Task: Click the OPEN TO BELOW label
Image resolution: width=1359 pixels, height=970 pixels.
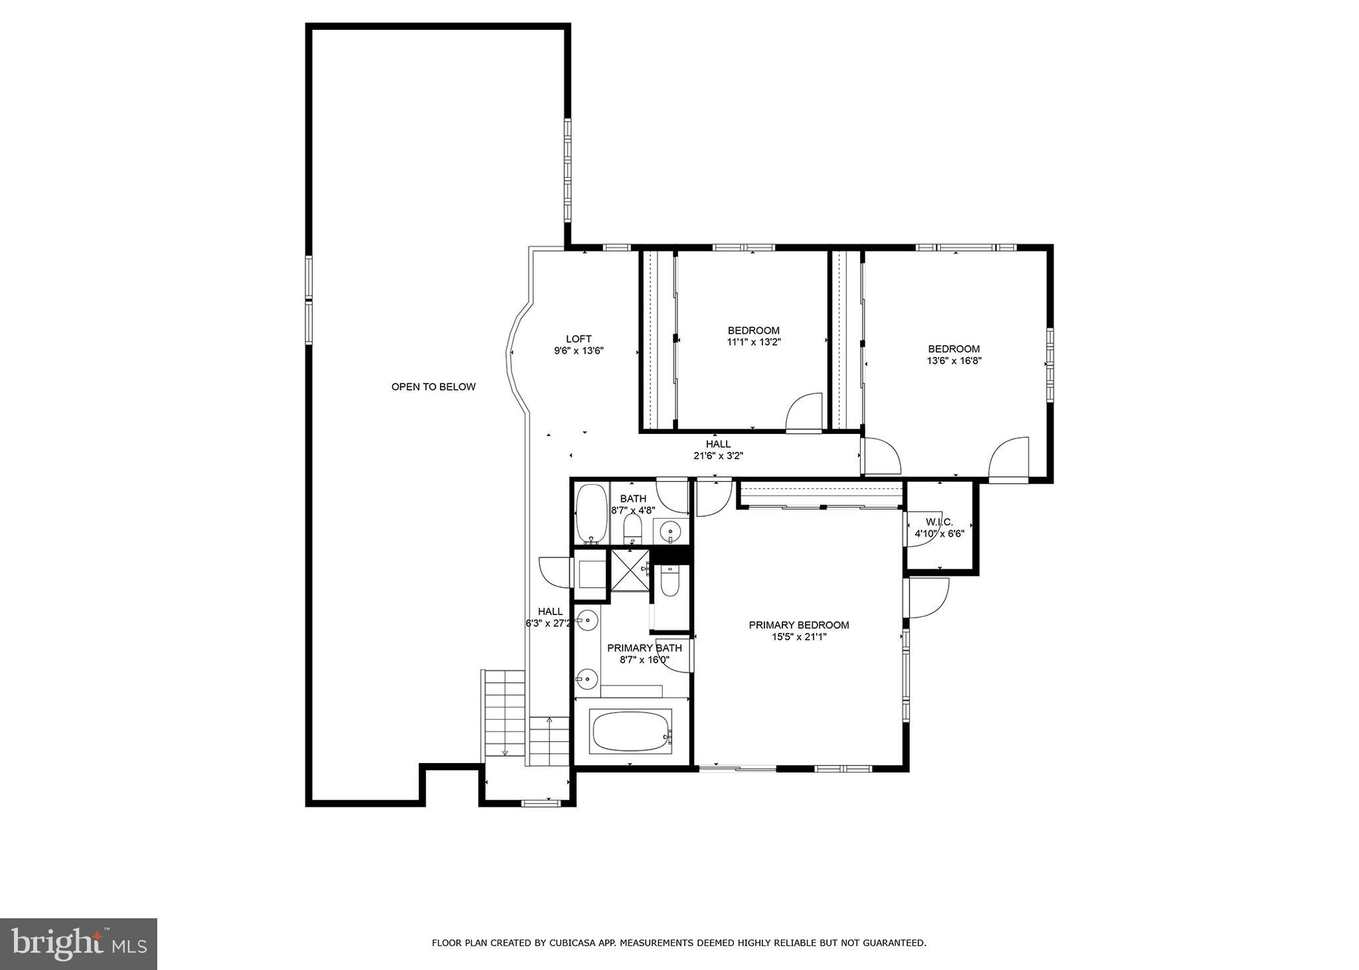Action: (433, 387)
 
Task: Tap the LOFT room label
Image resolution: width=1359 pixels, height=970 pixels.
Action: (579, 339)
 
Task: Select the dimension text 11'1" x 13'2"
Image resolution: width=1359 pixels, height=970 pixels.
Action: (753, 342)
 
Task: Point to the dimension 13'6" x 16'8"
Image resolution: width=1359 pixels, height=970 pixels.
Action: (954, 361)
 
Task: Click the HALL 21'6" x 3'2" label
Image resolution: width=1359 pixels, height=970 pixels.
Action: (718, 450)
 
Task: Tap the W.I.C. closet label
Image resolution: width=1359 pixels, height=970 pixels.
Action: (939, 522)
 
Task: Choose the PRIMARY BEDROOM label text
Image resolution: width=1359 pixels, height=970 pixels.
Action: (799, 625)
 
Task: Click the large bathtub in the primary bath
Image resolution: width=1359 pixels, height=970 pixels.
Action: (630, 731)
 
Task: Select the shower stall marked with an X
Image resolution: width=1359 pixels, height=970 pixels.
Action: (630, 570)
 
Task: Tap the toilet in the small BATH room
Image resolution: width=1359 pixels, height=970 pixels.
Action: (633, 529)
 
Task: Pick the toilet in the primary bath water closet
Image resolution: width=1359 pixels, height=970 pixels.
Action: (670, 583)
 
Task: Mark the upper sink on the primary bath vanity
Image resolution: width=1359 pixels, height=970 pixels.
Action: (587, 620)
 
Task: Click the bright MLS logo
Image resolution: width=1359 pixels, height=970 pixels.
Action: (78, 944)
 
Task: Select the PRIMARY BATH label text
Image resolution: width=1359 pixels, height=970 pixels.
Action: (644, 648)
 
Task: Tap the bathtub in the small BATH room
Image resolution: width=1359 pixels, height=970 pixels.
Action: (590, 514)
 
